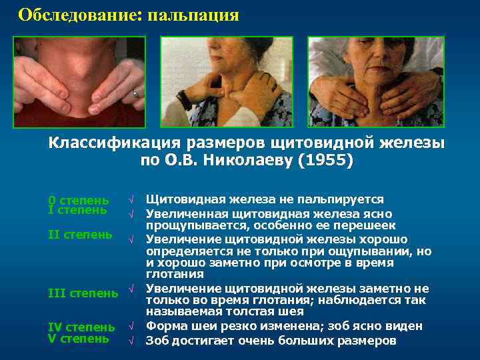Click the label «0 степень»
click(79, 200)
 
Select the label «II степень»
click(80, 235)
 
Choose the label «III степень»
click(83, 293)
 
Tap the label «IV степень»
click(81, 327)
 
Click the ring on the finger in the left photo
click(137, 94)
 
